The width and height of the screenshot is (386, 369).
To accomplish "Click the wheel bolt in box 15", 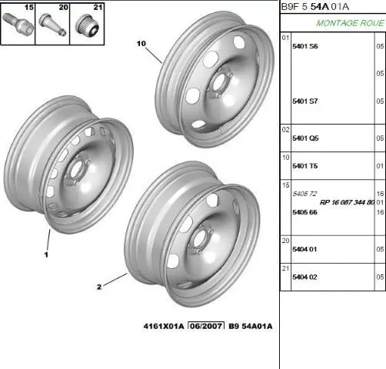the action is [x=18, y=24].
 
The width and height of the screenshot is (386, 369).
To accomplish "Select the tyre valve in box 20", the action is [x=52, y=25].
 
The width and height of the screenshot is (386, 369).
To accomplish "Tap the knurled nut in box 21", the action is [x=87, y=25].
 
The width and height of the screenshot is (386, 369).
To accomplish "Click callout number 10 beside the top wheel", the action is [x=141, y=44].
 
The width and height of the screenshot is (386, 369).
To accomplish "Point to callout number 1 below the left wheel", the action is [x=46, y=254].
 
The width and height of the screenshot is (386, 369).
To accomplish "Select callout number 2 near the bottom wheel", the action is [x=99, y=287].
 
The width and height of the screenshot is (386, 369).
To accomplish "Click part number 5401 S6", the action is [x=305, y=46].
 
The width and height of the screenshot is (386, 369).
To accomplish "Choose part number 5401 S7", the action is [x=305, y=101].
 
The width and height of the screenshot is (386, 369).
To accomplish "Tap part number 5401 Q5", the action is [x=305, y=138].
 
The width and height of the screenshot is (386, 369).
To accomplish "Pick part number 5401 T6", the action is [x=305, y=166].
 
